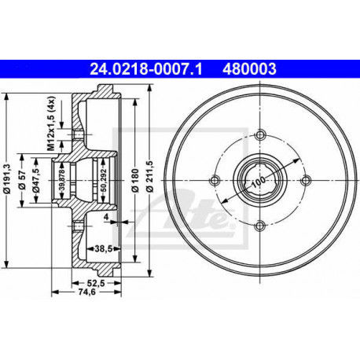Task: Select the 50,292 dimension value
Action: point(104,179)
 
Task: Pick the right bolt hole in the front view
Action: point(304,179)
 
